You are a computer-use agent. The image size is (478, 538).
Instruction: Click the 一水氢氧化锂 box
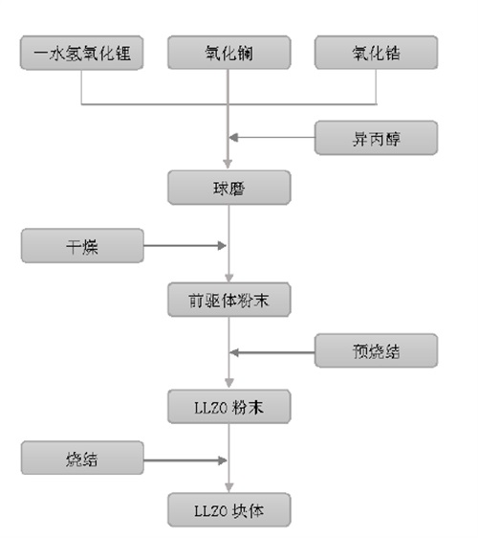[81, 53]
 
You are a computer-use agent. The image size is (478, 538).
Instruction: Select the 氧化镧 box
[229, 53]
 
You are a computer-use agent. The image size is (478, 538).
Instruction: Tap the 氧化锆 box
[377, 53]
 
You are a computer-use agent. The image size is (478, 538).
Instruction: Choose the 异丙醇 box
[377, 138]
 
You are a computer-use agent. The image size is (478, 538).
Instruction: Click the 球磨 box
[229, 188]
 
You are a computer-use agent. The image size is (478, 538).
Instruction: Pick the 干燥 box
[82, 246]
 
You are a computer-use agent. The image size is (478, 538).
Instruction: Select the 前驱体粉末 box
[229, 300]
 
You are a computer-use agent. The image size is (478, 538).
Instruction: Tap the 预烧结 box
[377, 350]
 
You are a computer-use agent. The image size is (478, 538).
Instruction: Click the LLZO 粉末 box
[229, 407]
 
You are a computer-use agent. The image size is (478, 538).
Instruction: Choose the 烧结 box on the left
[82, 458]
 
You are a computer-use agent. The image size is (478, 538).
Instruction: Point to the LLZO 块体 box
[229, 510]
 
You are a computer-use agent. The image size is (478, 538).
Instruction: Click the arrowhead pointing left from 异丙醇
[233, 138]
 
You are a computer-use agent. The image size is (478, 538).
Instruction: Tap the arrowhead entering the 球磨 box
[228, 164]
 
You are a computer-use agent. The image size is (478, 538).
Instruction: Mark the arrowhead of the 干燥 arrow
[222, 246]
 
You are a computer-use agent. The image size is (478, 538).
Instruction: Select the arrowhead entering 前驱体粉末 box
[229, 278]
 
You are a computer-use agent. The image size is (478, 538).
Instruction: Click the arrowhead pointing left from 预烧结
[234, 352]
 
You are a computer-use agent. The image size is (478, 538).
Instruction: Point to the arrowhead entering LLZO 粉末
[229, 383]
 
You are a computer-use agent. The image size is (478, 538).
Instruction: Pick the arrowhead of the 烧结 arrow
[223, 460]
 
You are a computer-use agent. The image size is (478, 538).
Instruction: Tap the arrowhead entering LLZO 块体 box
[229, 487]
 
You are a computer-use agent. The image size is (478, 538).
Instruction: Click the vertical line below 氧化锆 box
[377, 86]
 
